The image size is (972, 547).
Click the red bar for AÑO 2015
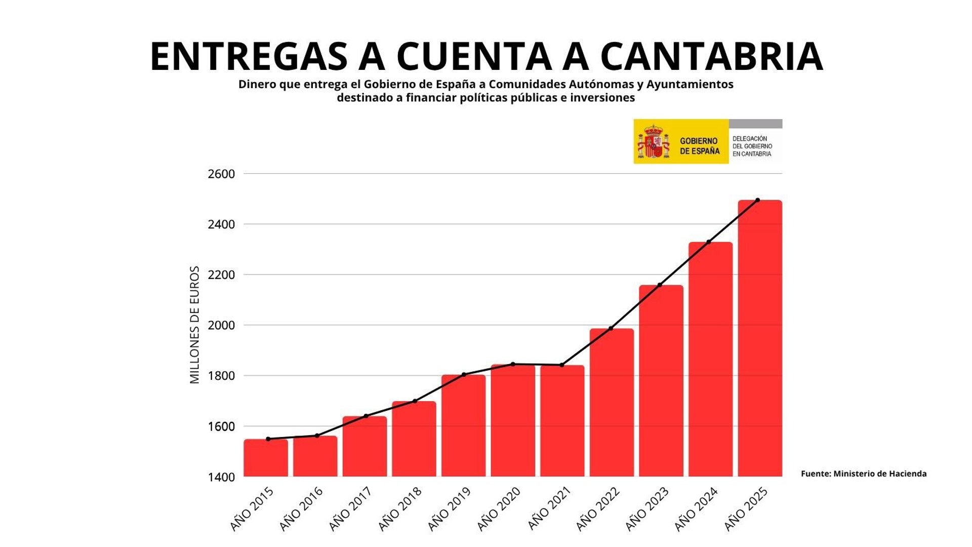(x=266, y=458)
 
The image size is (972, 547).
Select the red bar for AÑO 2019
(x=463, y=425)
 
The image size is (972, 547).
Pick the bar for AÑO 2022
(x=612, y=403)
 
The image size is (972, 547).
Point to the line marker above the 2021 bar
(x=562, y=365)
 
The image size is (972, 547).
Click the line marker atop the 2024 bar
(x=709, y=242)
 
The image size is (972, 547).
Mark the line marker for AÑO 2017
(x=366, y=416)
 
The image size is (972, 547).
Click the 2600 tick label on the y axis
(x=221, y=174)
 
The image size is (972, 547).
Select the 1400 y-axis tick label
(x=221, y=477)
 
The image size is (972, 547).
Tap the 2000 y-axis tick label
(x=221, y=326)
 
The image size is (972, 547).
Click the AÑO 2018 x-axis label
(x=400, y=509)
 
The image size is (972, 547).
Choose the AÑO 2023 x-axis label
(x=647, y=509)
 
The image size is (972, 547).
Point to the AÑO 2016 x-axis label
(x=301, y=509)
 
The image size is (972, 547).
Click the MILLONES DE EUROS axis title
(x=195, y=325)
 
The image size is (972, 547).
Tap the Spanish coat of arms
(x=654, y=142)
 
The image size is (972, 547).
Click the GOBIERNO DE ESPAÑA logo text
(x=699, y=146)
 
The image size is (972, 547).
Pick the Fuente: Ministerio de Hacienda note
(x=864, y=474)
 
